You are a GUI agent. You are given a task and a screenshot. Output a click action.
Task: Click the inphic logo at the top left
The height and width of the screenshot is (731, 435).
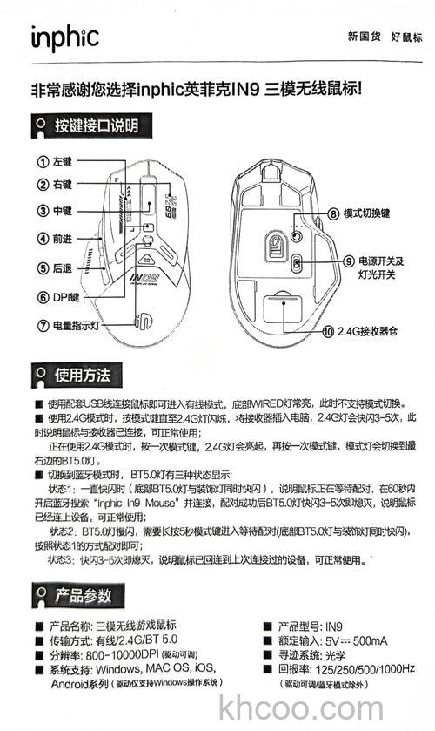point(65,37)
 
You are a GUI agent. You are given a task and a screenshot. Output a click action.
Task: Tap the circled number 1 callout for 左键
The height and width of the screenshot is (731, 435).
point(42,161)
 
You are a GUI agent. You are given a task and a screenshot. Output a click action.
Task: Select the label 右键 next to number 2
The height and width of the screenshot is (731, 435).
point(63,185)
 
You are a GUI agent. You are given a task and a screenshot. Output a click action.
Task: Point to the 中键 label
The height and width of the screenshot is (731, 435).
point(63,211)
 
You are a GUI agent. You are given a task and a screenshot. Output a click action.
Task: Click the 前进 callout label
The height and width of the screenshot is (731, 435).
point(63,238)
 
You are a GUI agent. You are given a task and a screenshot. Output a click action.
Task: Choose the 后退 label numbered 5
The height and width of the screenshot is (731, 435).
point(63,267)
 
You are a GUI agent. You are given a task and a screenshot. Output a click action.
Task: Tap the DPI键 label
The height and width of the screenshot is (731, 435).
point(65,297)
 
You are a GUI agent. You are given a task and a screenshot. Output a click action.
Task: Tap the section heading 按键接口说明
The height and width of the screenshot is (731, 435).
point(96,125)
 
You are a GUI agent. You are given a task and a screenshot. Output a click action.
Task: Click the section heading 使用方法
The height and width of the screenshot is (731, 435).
point(82,376)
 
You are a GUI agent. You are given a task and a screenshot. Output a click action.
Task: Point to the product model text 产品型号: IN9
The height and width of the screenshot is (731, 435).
point(309,626)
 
